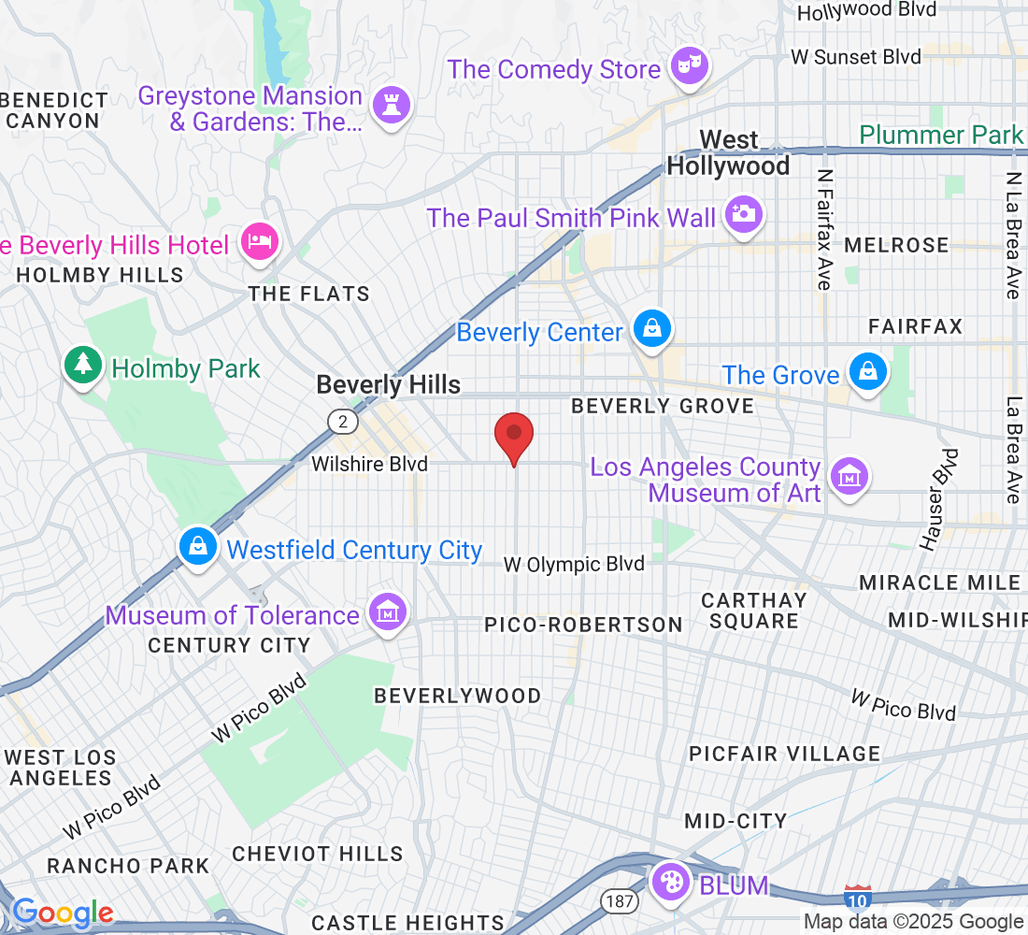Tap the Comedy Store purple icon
(690, 67)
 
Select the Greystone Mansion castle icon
(391, 106)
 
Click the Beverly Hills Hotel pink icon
(258, 242)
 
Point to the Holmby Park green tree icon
(83, 365)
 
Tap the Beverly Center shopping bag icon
(651, 329)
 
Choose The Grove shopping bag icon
(868, 372)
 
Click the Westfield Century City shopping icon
(197, 545)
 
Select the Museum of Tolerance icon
(388, 612)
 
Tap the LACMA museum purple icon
(850, 477)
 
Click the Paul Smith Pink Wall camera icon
(743, 214)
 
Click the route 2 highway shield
(343, 423)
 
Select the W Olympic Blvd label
(574, 564)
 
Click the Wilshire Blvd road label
(369, 464)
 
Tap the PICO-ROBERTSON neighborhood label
(583, 624)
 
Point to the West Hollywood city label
(728, 153)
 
